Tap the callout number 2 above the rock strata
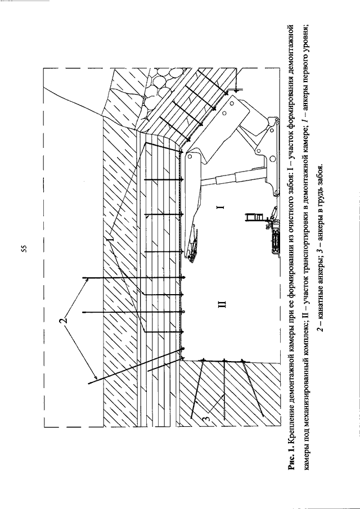tap(65, 319)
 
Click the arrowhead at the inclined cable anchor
tap(96, 377)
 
